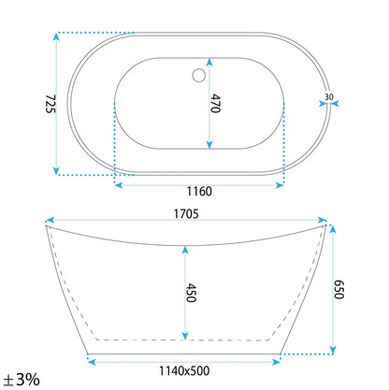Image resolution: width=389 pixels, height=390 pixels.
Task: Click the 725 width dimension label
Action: point(50,104)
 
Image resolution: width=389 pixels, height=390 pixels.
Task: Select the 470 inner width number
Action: point(215,103)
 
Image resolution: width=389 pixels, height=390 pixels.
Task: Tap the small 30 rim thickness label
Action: point(329,97)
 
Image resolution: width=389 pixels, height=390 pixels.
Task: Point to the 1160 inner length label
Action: point(199,191)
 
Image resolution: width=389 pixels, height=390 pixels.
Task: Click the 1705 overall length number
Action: point(186,214)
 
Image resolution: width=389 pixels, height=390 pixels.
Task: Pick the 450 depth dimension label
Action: point(191,293)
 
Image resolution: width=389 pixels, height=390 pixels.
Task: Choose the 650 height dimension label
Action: point(339,290)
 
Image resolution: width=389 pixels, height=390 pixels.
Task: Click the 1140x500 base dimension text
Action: point(184,371)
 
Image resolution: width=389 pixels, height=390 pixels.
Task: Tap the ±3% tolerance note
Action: point(22,380)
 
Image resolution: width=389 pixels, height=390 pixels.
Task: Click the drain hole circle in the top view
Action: point(198,76)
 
